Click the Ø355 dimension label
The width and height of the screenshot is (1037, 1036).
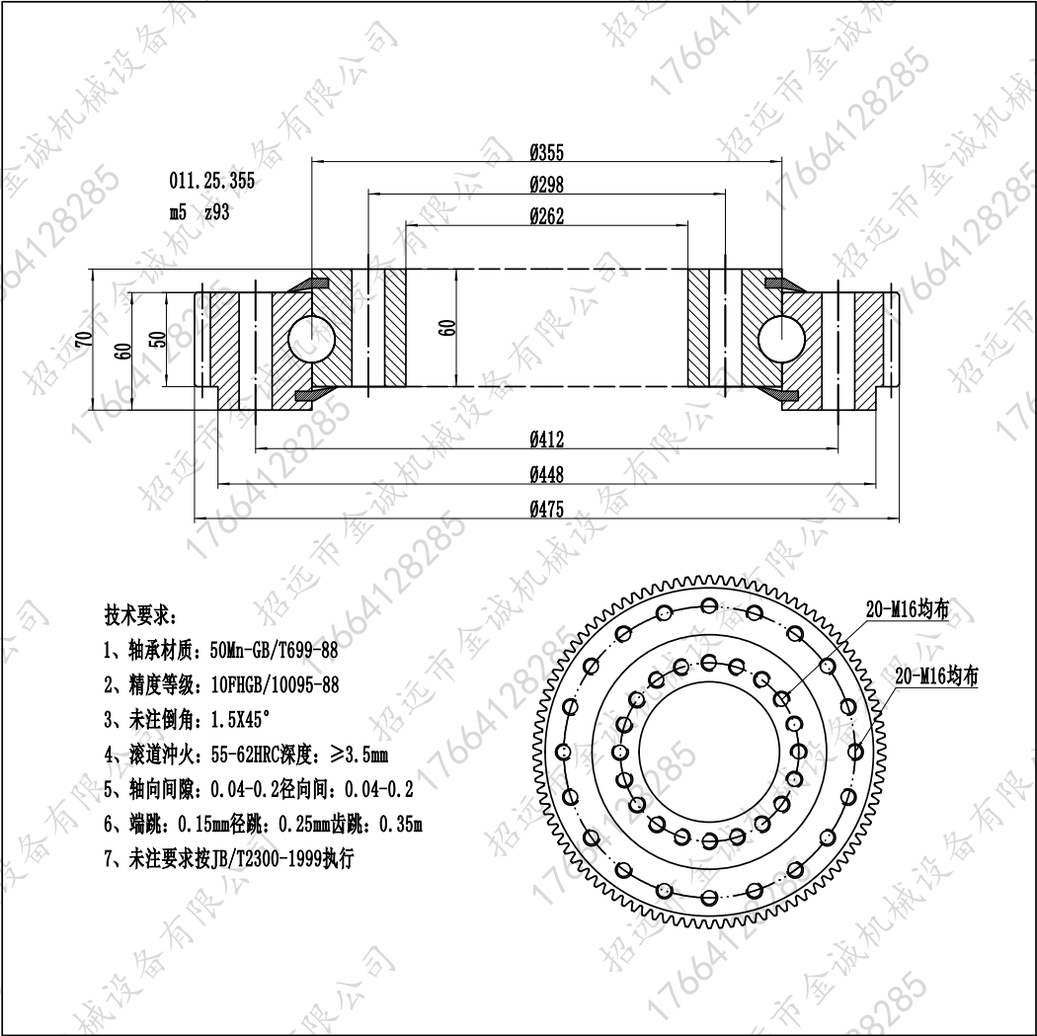coord(546,153)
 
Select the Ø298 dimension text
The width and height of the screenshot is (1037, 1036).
coord(546,185)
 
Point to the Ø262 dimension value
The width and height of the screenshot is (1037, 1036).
coord(546,216)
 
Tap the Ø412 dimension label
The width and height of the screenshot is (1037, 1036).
coord(546,439)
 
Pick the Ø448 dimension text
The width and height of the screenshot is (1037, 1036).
coord(546,474)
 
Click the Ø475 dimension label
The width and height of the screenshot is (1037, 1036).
coord(546,509)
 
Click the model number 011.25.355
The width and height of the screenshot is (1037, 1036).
coord(211,181)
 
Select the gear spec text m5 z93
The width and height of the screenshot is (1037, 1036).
coord(199,212)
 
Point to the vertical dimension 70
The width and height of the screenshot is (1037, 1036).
coord(85,339)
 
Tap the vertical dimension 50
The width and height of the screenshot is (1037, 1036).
coord(158,339)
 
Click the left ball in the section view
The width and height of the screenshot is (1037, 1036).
coord(312,339)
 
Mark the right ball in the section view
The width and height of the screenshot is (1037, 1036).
coord(781,339)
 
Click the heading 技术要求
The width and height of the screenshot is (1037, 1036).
coord(140,615)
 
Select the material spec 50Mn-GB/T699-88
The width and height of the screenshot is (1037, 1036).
coord(274,651)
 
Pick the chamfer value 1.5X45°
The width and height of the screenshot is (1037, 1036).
coord(240,719)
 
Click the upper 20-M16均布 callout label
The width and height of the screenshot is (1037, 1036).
coord(908,609)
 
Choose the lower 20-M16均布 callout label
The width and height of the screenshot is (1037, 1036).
coord(936,677)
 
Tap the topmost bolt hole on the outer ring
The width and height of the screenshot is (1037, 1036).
coord(710,605)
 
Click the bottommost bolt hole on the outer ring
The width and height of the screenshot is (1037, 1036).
coord(710,898)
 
